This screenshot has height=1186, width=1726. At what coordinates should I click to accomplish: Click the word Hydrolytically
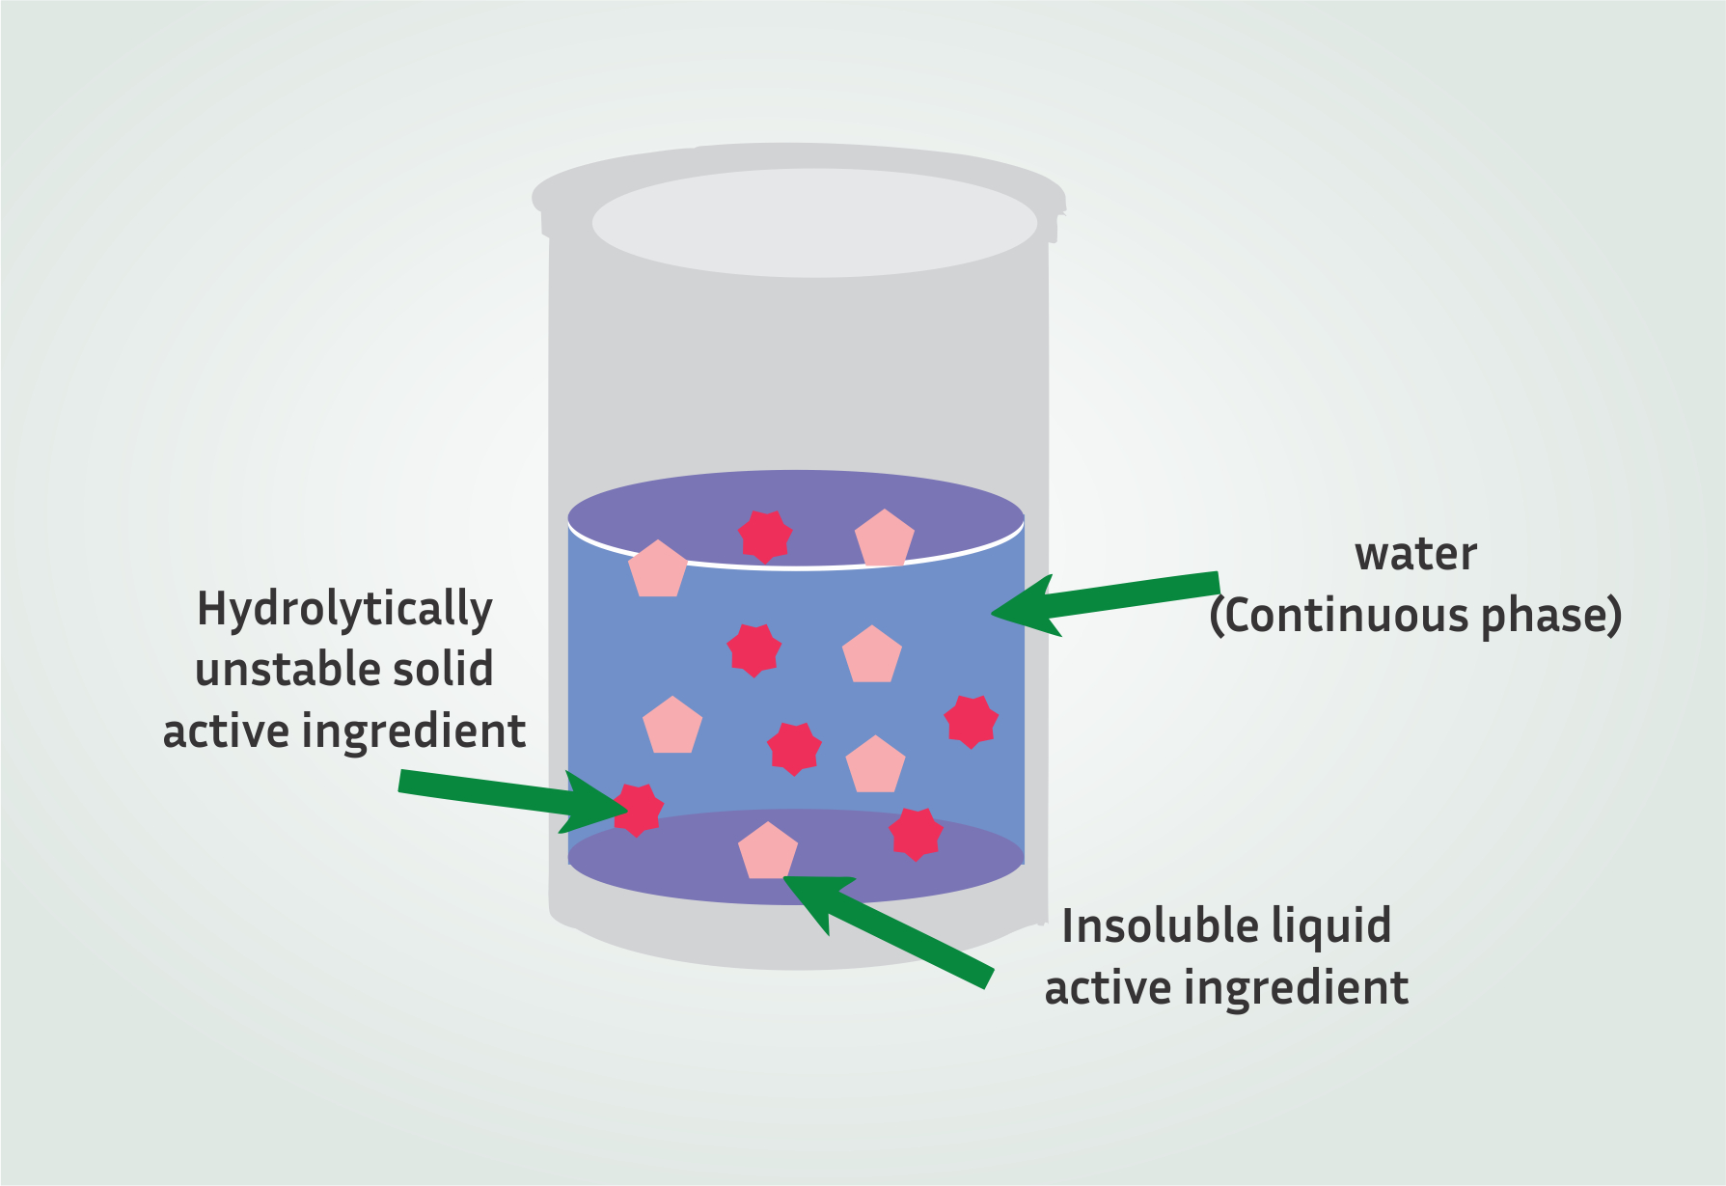344,611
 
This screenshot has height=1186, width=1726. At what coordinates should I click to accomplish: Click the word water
1415,555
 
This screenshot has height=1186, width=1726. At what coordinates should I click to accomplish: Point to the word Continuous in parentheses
1346,617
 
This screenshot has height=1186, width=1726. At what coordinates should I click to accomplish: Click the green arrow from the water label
1110,600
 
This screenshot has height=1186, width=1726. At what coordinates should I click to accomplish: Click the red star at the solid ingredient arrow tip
637,809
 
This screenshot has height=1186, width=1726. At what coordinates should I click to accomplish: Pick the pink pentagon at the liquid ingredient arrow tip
768,852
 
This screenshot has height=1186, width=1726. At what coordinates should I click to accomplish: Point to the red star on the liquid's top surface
765,536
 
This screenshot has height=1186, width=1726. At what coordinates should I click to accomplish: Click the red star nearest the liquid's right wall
971,721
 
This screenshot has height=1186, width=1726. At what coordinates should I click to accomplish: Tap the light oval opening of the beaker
814,223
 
